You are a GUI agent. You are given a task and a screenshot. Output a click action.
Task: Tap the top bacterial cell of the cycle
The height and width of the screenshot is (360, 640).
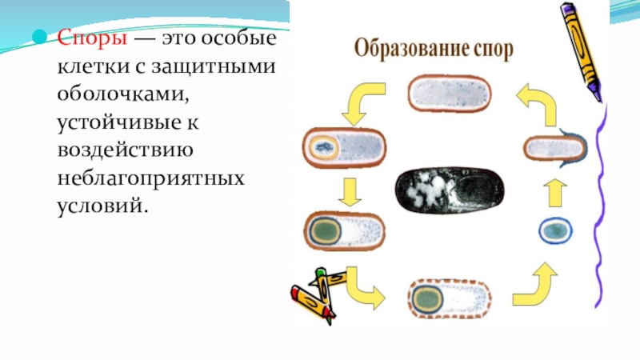[x=450, y=94]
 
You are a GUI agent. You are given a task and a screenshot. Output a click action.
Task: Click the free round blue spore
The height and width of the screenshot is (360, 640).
[x=555, y=230]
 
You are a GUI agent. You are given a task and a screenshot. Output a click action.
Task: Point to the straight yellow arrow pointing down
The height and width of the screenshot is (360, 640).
[x=348, y=191]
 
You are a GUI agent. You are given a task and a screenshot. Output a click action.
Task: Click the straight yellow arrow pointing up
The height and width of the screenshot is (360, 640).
[x=558, y=193]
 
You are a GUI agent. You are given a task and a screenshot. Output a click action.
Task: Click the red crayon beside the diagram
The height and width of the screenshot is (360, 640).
[x=309, y=302]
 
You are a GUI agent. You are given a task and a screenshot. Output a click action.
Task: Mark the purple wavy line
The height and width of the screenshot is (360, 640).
[x=598, y=208]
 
